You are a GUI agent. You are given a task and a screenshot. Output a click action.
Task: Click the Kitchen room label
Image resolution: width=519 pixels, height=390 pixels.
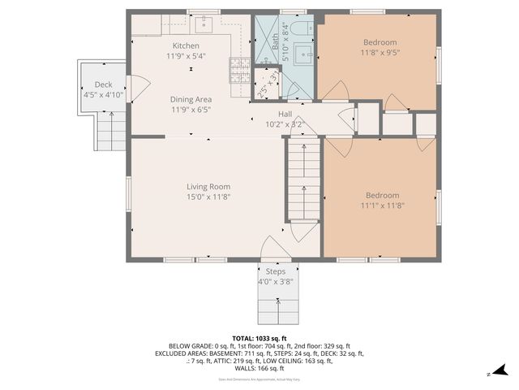coord(186,45)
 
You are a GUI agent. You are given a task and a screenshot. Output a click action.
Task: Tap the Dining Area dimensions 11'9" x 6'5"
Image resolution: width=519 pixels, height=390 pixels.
coord(191,109)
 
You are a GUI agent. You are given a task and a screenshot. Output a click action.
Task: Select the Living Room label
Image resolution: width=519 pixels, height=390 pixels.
coord(208,186)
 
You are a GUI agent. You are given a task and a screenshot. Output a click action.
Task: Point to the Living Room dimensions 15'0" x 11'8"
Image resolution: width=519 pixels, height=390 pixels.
coord(208,197)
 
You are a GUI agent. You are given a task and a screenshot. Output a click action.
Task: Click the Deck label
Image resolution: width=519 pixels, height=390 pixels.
coord(103,84)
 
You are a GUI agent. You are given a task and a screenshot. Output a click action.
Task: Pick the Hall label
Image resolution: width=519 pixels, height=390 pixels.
coord(285,115)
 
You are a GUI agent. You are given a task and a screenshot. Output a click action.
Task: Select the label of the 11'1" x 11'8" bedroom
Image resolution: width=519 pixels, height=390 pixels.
coord(381,195)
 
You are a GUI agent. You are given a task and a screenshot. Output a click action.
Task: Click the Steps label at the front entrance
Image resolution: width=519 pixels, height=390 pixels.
coord(275,271)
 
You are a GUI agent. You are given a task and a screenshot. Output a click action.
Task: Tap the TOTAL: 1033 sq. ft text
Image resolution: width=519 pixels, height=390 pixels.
coord(259,338)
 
